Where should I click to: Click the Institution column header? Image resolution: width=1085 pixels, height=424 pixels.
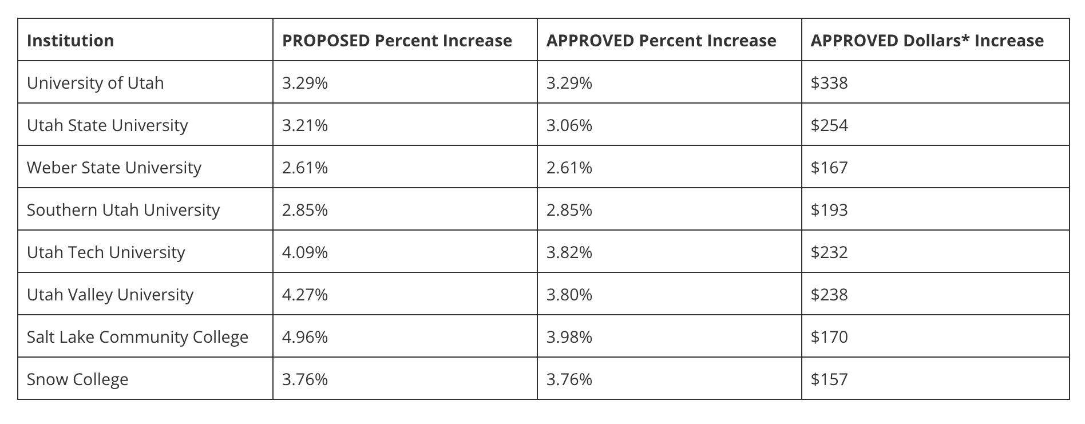coord(70,41)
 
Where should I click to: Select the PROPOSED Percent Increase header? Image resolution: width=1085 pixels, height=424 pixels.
coord(397,41)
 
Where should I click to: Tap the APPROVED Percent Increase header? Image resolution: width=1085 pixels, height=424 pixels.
coord(661,41)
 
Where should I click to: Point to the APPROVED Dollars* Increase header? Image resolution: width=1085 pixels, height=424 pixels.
coord(927,41)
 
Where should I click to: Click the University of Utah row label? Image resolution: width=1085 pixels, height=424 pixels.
coord(95,83)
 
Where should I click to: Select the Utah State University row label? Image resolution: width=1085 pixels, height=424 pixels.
coord(108,125)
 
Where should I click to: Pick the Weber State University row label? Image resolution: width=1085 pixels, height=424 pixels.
coord(114,168)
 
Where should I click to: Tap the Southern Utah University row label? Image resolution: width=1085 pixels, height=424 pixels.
coord(123,210)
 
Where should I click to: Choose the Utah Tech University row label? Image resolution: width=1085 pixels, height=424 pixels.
coord(106,252)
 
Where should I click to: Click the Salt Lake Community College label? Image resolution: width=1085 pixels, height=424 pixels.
coord(137,337)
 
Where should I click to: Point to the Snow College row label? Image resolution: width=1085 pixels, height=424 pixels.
coord(77,379)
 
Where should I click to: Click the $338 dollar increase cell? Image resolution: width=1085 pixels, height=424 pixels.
coord(829,83)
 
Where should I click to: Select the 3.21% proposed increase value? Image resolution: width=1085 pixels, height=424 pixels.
coord(305,125)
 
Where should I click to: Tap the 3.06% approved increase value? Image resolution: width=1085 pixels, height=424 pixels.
coord(569,125)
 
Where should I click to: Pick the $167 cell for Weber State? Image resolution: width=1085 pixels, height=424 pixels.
coord(829,168)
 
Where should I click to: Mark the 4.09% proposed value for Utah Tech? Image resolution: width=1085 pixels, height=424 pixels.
coord(305,252)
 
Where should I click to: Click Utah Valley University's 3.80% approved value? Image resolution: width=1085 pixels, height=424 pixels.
coord(569,295)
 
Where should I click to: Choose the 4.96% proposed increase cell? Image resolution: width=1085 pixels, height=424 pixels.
coord(305,337)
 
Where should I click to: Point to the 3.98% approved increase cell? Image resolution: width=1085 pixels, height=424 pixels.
coord(569,337)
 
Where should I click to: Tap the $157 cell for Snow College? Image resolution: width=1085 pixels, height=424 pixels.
coord(829,379)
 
